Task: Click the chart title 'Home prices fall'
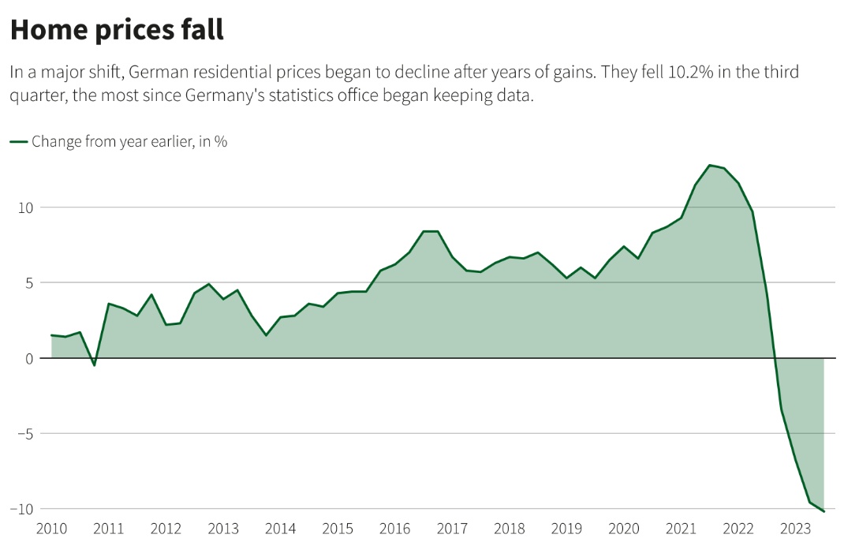tap(117, 30)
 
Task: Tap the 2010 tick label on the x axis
tap(52, 529)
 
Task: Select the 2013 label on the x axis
tap(223, 529)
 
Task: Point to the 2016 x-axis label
tap(394, 529)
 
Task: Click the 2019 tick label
tap(566, 529)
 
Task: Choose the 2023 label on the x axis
tap(795, 529)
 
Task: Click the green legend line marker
tap(18, 142)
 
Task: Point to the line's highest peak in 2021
tap(710, 165)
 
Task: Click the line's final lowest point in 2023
tap(823, 511)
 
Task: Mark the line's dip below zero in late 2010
tap(95, 365)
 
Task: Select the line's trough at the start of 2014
tap(266, 335)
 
